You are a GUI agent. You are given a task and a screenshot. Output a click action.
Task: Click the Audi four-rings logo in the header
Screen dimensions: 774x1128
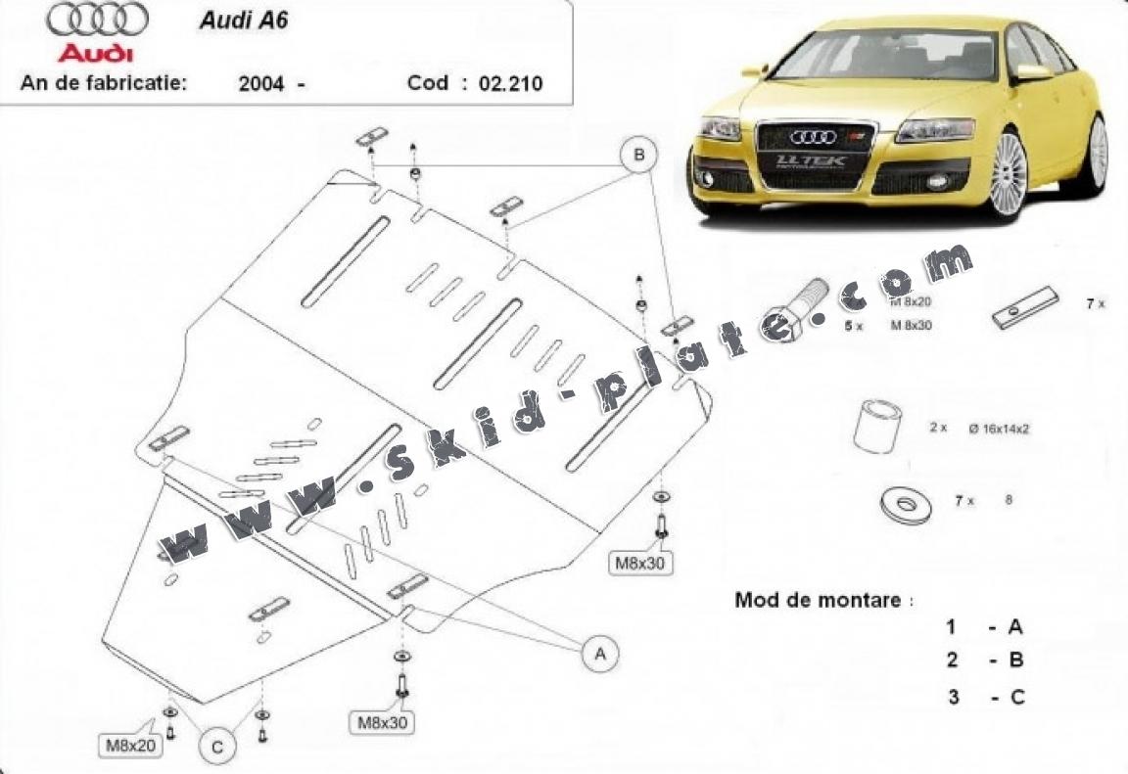(96, 20)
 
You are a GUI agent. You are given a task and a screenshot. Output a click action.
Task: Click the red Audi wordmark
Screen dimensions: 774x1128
(95, 52)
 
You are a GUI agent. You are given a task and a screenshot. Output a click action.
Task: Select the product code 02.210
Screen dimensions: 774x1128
(510, 83)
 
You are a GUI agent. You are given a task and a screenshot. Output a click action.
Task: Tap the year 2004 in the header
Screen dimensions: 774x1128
(261, 83)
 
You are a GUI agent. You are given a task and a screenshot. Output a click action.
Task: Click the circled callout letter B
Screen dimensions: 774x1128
(638, 155)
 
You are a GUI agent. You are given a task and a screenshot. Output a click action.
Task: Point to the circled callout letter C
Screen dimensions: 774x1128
(217, 747)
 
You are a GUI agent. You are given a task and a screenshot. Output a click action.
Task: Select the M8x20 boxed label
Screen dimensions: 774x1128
(130, 746)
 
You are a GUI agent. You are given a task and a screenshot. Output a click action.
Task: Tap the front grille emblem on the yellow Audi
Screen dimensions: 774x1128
(813, 137)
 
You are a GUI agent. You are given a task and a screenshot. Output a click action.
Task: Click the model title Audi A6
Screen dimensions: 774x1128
(244, 21)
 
